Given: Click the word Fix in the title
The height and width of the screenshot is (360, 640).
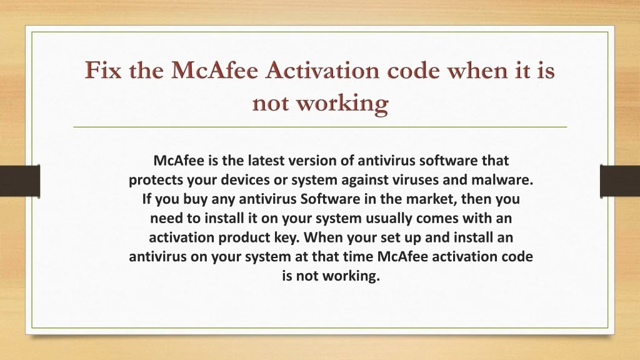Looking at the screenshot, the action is [103, 70].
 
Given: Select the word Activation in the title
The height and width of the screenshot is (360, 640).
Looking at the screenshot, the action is [322, 70].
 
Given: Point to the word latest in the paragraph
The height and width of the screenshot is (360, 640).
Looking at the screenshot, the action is [266, 161].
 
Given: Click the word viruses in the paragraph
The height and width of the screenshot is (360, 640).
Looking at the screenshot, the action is [406, 179].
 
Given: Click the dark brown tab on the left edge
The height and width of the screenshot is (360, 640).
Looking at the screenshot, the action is [20, 181].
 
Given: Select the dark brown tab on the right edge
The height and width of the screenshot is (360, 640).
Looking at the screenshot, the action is [620, 181].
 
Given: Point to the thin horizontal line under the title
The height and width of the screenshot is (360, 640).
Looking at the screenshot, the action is [320, 127].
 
